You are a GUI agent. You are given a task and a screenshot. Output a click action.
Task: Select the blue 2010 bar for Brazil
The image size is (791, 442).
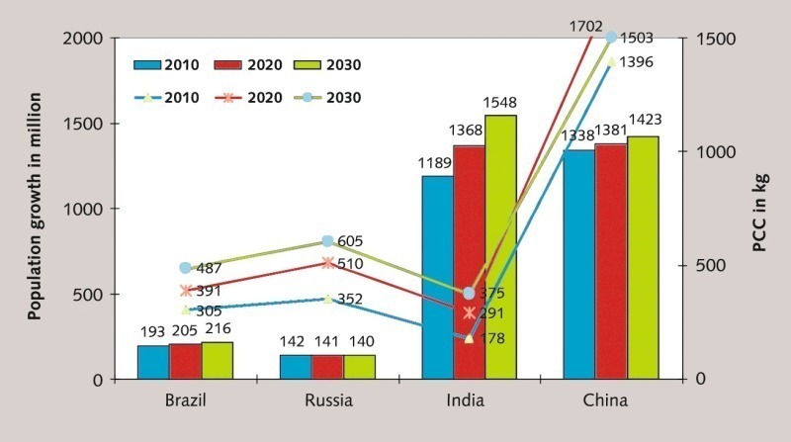point(153,362)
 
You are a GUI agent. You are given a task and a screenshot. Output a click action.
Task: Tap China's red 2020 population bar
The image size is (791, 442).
point(610,262)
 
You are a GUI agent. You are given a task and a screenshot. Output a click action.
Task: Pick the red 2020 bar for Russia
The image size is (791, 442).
point(327,367)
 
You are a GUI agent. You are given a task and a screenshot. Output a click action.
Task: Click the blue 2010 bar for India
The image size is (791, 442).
point(437,278)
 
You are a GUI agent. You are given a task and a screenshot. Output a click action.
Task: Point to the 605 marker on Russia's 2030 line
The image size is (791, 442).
point(327,241)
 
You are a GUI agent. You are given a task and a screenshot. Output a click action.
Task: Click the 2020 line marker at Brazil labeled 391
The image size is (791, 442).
point(186,291)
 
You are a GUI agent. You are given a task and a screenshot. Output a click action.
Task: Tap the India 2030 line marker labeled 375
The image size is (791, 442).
point(469,294)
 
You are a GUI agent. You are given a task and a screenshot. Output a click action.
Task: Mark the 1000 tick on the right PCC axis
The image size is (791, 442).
point(708,152)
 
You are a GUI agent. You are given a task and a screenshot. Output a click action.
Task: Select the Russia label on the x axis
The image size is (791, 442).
point(326,400)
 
